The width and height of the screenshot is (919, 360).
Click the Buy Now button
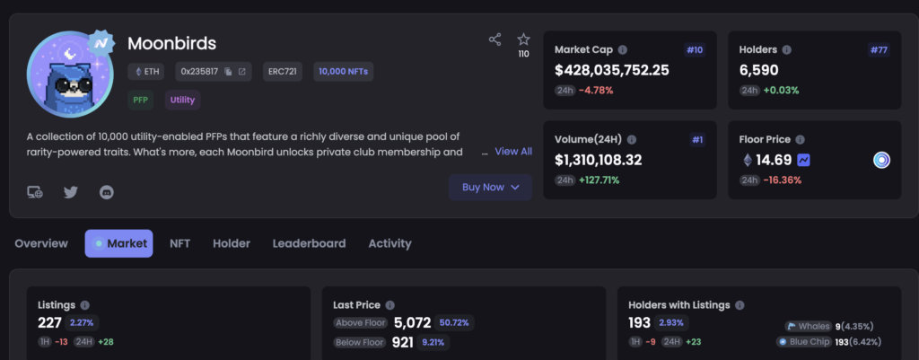pyautogui.click(x=490, y=187)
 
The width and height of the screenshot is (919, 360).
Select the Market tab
pyautogui.click(x=119, y=243)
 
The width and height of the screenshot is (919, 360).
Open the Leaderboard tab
pyautogui.click(x=309, y=243)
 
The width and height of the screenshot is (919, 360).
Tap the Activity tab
pyautogui.click(x=389, y=243)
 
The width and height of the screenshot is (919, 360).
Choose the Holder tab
pyautogui.click(x=232, y=243)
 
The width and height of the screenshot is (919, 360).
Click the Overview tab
pyautogui.click(x=41, y=243)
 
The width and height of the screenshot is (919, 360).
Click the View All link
pyautogui.click(x=513, y=152)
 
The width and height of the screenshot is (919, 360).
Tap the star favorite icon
pyautogui.click(x=524, y=40)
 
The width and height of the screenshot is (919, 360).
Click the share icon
pyautogui.click(x=495, y=40)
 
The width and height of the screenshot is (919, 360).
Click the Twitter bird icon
pyautogui.click(x=71, y=191)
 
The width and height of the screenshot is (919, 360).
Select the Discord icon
pyautogui.click(x=107, y=191)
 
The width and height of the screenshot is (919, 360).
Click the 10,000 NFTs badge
pyautogui.click(x=344, y=71)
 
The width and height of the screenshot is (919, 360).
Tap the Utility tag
pyautogui.click(x=182, y=100)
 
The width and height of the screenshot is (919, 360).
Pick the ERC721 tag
pyautogui.click(x=282, y=71)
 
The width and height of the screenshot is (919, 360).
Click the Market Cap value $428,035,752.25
pyautogui.click(x=612, y=70)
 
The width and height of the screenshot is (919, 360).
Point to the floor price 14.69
pyautogui.click(x=773, y=160)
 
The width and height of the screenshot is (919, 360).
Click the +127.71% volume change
pyautogui.click(x=599, y=180)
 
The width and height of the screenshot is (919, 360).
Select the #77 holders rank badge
pyautogui.click(x=879, y=49)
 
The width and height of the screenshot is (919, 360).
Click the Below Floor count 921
pyautogui.click(x=402, y=342)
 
